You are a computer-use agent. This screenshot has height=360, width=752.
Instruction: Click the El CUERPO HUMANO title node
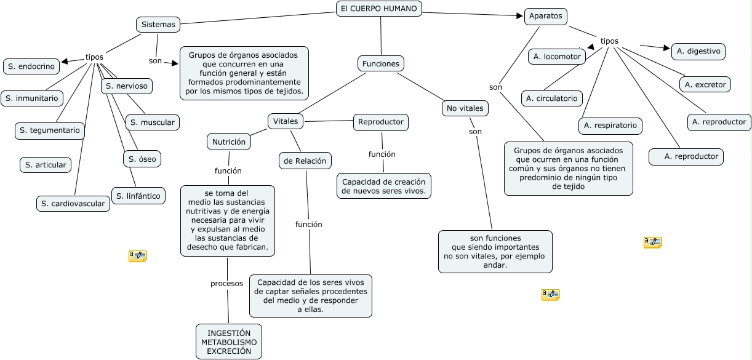378,9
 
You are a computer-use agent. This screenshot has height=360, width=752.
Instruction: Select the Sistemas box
158,25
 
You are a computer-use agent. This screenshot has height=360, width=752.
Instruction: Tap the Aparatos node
545,16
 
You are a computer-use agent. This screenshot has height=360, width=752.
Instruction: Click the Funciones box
381,63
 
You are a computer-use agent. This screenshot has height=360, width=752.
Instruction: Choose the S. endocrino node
31,66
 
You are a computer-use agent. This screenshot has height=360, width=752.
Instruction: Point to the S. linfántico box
138,196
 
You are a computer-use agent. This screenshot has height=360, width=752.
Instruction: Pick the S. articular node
46,165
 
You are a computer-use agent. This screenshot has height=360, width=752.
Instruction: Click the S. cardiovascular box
73,204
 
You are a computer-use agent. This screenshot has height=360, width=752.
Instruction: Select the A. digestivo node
698,51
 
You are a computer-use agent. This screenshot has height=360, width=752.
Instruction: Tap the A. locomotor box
557,57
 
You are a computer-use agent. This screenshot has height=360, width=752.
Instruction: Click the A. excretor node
705,84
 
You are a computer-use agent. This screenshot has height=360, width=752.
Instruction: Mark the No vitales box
465,108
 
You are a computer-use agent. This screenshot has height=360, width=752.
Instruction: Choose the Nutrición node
229,142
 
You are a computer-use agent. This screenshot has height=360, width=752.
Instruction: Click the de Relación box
305,161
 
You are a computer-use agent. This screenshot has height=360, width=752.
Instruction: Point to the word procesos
226,284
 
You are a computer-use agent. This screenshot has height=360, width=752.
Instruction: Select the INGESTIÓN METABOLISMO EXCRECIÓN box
229,342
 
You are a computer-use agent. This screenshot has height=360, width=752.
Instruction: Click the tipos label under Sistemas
94,57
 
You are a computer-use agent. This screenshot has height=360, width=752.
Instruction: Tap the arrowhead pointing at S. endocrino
65,61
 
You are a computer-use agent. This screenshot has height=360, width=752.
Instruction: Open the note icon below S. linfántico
138,256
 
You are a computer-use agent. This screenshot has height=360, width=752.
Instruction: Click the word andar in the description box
495,265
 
